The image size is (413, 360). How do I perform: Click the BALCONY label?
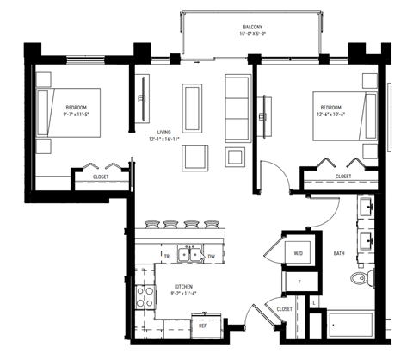pyautogui.click(x=252, y=27)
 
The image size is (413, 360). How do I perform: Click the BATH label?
pyautogui.click(x=339, y=253)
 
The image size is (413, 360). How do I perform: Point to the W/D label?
pyautogui.click(x=299, y=253)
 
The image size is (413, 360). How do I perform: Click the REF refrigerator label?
pyautogui.click(x=203, y=326)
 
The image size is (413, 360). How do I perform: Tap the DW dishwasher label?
pyautogui.click(x=212, y=256)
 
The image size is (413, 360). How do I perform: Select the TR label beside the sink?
pyautogui.click(x=167, y=256)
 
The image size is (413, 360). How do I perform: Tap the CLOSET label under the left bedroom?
pyautogui.click(x=102, y=177)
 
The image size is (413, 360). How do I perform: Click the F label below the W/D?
pyautogui.click(x=299, y=282)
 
